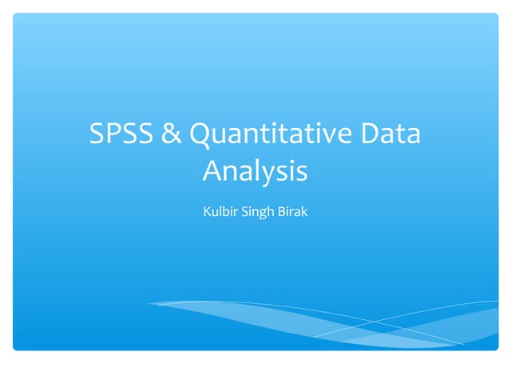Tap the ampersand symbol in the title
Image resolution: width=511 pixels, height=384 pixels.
(171, 134)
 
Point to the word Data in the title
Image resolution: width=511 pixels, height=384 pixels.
(389, 134)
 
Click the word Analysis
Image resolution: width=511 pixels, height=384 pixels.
(255, 171)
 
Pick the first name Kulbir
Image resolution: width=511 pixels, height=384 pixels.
(220, 214)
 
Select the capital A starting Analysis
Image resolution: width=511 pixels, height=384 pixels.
(212, 170)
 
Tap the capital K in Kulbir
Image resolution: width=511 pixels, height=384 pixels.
(208, 214)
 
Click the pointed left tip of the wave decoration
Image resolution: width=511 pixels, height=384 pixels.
(149, 303)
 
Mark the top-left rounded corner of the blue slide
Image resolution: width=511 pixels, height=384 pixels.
(15, 15)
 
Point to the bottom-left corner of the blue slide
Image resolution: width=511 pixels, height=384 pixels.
(15, 348)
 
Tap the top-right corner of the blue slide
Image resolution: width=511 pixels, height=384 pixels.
(496, 15)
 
